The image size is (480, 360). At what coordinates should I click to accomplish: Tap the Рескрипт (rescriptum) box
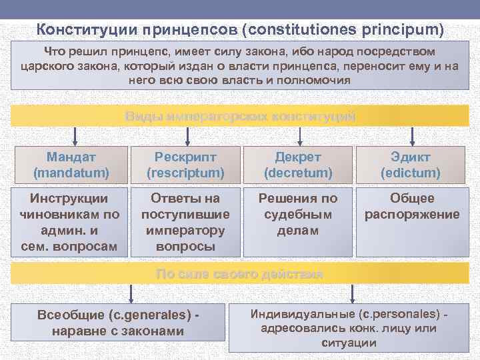point(185,165)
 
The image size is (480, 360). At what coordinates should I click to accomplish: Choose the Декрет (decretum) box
point(298,165)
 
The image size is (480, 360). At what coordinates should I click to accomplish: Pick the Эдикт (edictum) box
point(411,165)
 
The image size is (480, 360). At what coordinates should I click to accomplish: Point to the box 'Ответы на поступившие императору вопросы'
point(185,223)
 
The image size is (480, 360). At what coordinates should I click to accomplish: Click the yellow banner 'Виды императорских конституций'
point(240,117)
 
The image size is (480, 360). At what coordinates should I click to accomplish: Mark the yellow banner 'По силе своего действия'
point(240,274)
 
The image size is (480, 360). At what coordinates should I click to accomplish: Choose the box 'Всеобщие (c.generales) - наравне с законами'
point(120,323)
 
